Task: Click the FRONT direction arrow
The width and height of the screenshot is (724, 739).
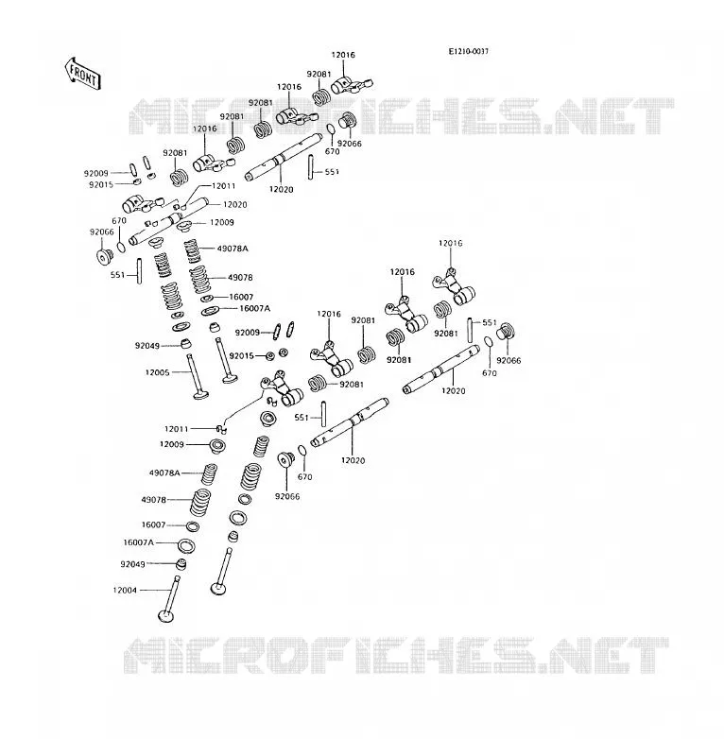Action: click(x=82, y=74)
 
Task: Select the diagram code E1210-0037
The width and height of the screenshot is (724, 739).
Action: click(x=468, y=51)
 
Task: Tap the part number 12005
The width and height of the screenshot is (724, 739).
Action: click(x=157, y=372)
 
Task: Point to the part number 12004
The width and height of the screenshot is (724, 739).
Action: click(x=125, y=590)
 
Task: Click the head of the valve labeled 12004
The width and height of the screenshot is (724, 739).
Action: click(x=166, y=616)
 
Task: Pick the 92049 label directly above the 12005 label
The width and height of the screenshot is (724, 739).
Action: click(x=147, y=346)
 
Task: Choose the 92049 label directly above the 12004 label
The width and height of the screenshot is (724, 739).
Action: click(x=132, y=563)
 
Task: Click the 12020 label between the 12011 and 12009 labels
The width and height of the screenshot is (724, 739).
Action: click(x=234, y=204)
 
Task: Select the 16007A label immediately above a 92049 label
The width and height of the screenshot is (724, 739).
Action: click(x=138, y=542)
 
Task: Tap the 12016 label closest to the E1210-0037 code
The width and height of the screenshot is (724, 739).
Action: click(x=343, y=55)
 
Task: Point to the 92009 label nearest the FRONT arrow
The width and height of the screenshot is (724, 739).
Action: click(x=96, y=173)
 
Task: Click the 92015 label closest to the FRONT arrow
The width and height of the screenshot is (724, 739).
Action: click(x=101, y=185)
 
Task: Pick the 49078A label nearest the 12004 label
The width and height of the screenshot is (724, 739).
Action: click(x=164, y=473)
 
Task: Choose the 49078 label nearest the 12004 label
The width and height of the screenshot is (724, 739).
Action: click(x=154, y=500)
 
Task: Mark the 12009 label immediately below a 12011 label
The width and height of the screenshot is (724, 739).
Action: click(x=172, y=444)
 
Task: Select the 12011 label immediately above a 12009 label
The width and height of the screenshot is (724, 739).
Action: click(x=177, y=429)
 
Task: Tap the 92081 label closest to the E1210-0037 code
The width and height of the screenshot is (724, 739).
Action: click(x=319, y=74)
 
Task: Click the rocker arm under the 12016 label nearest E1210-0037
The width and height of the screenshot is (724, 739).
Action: click(x=352, y=86)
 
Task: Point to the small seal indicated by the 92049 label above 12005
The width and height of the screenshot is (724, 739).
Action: click(x=187, y=343)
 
